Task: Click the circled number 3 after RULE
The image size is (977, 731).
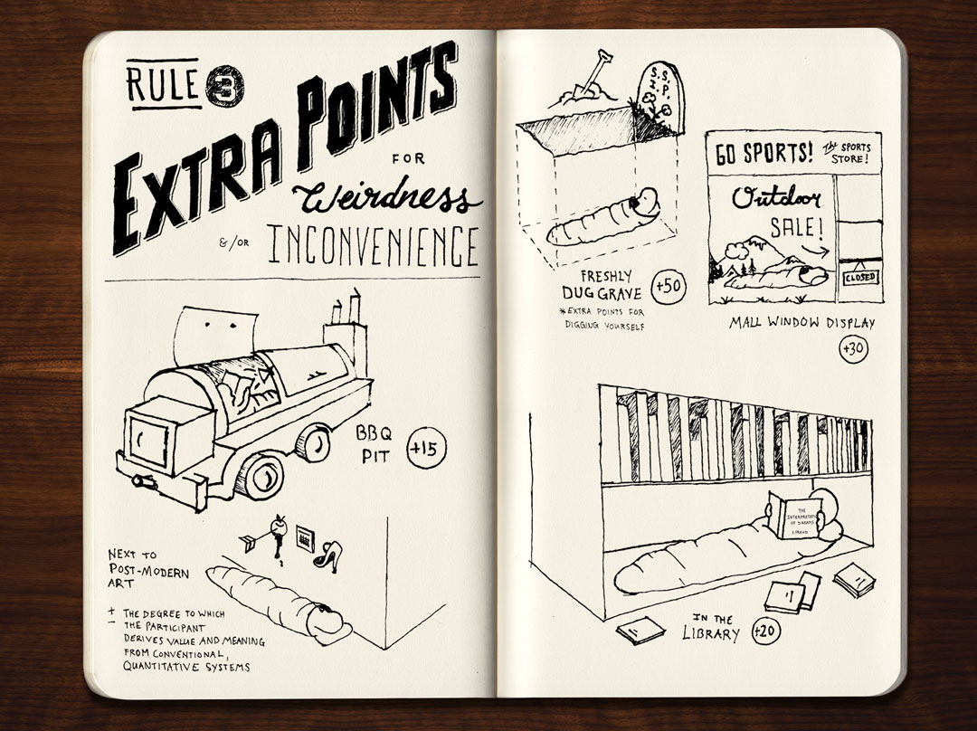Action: pyautogui.click(x=218, y=88)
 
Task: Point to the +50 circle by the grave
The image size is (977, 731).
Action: pyautogui.click(x=669, y=285)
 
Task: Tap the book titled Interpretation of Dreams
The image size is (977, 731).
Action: pyautogui.click(x=793, y=517)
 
